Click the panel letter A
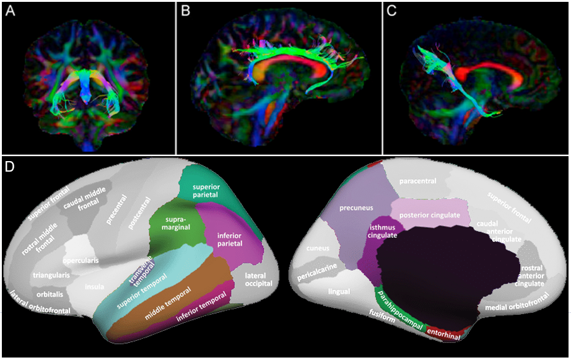click(9, 11)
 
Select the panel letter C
click(391, 11)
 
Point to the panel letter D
click(9, 167)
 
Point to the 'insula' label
click(94, 286)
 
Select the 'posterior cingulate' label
click(430, 215)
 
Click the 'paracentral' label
click(418, 181)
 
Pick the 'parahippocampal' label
click(399, 310)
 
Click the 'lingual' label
click(339, 291)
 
